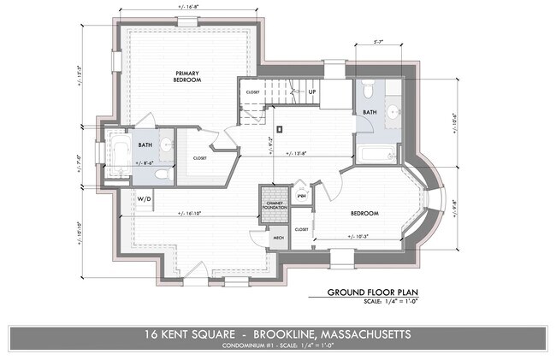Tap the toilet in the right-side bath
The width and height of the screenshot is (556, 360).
(368, 89)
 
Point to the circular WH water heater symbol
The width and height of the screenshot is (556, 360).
(299, 195)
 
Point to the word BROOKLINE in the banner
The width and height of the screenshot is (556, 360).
(290, 333)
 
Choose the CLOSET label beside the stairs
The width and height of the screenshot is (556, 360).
(253, 91)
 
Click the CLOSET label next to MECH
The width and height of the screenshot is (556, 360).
(301, 229)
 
